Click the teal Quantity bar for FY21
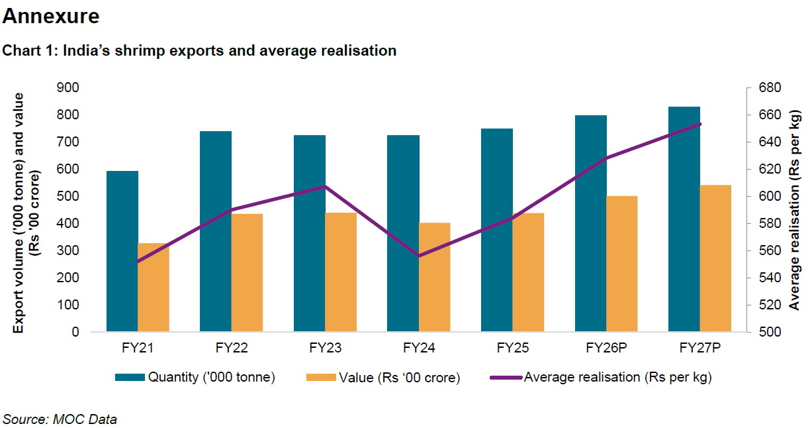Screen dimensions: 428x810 point(122,252)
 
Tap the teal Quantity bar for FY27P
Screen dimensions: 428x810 point(684,219)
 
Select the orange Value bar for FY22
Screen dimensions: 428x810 point(247,272)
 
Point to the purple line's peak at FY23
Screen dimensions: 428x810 point(325,186)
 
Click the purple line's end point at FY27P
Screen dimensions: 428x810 point(700,124)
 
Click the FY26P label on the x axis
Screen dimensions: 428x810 point(606,347)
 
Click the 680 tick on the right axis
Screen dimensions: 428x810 point(770,87)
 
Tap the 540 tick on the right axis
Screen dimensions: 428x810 point(770,278)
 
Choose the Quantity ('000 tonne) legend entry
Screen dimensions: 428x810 point(195,377)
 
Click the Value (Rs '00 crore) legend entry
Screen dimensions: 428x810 point(384,377)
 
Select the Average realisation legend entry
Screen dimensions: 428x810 point(602,377)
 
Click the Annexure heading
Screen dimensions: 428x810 point(51,17)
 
